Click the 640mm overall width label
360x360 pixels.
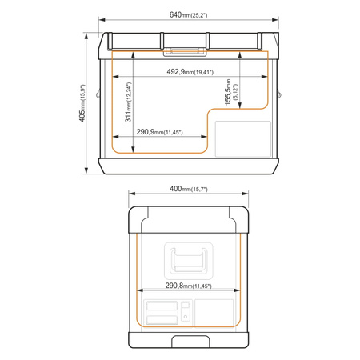point(188,14)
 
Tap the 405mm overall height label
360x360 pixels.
point(82,103)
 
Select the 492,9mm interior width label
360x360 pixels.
point(190,72)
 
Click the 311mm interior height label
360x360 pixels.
point(128,102)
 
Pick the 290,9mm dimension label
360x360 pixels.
point(160,132)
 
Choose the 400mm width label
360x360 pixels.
point(189,189)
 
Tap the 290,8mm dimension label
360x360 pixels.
point(189,286)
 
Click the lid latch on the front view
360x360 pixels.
point(185,52)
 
